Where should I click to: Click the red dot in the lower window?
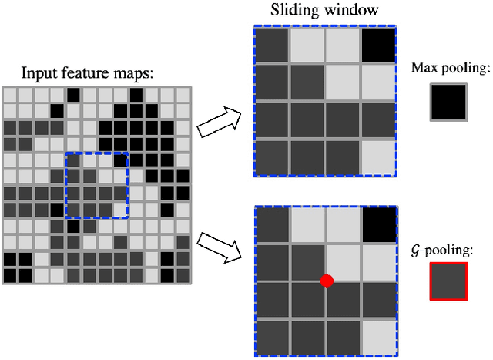click(326, 281)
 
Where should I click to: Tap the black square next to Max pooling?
click(448, 102)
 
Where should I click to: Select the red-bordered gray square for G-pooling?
click(448, 281)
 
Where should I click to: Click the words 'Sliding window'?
click(324, 12)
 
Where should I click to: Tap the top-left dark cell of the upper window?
click(271, 45)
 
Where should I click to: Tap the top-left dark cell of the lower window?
click(271, 225)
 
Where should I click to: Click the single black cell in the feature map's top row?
click(72, 95)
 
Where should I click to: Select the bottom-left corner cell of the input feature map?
click(9, 275)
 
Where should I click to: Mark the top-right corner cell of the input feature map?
click(183, 95)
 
